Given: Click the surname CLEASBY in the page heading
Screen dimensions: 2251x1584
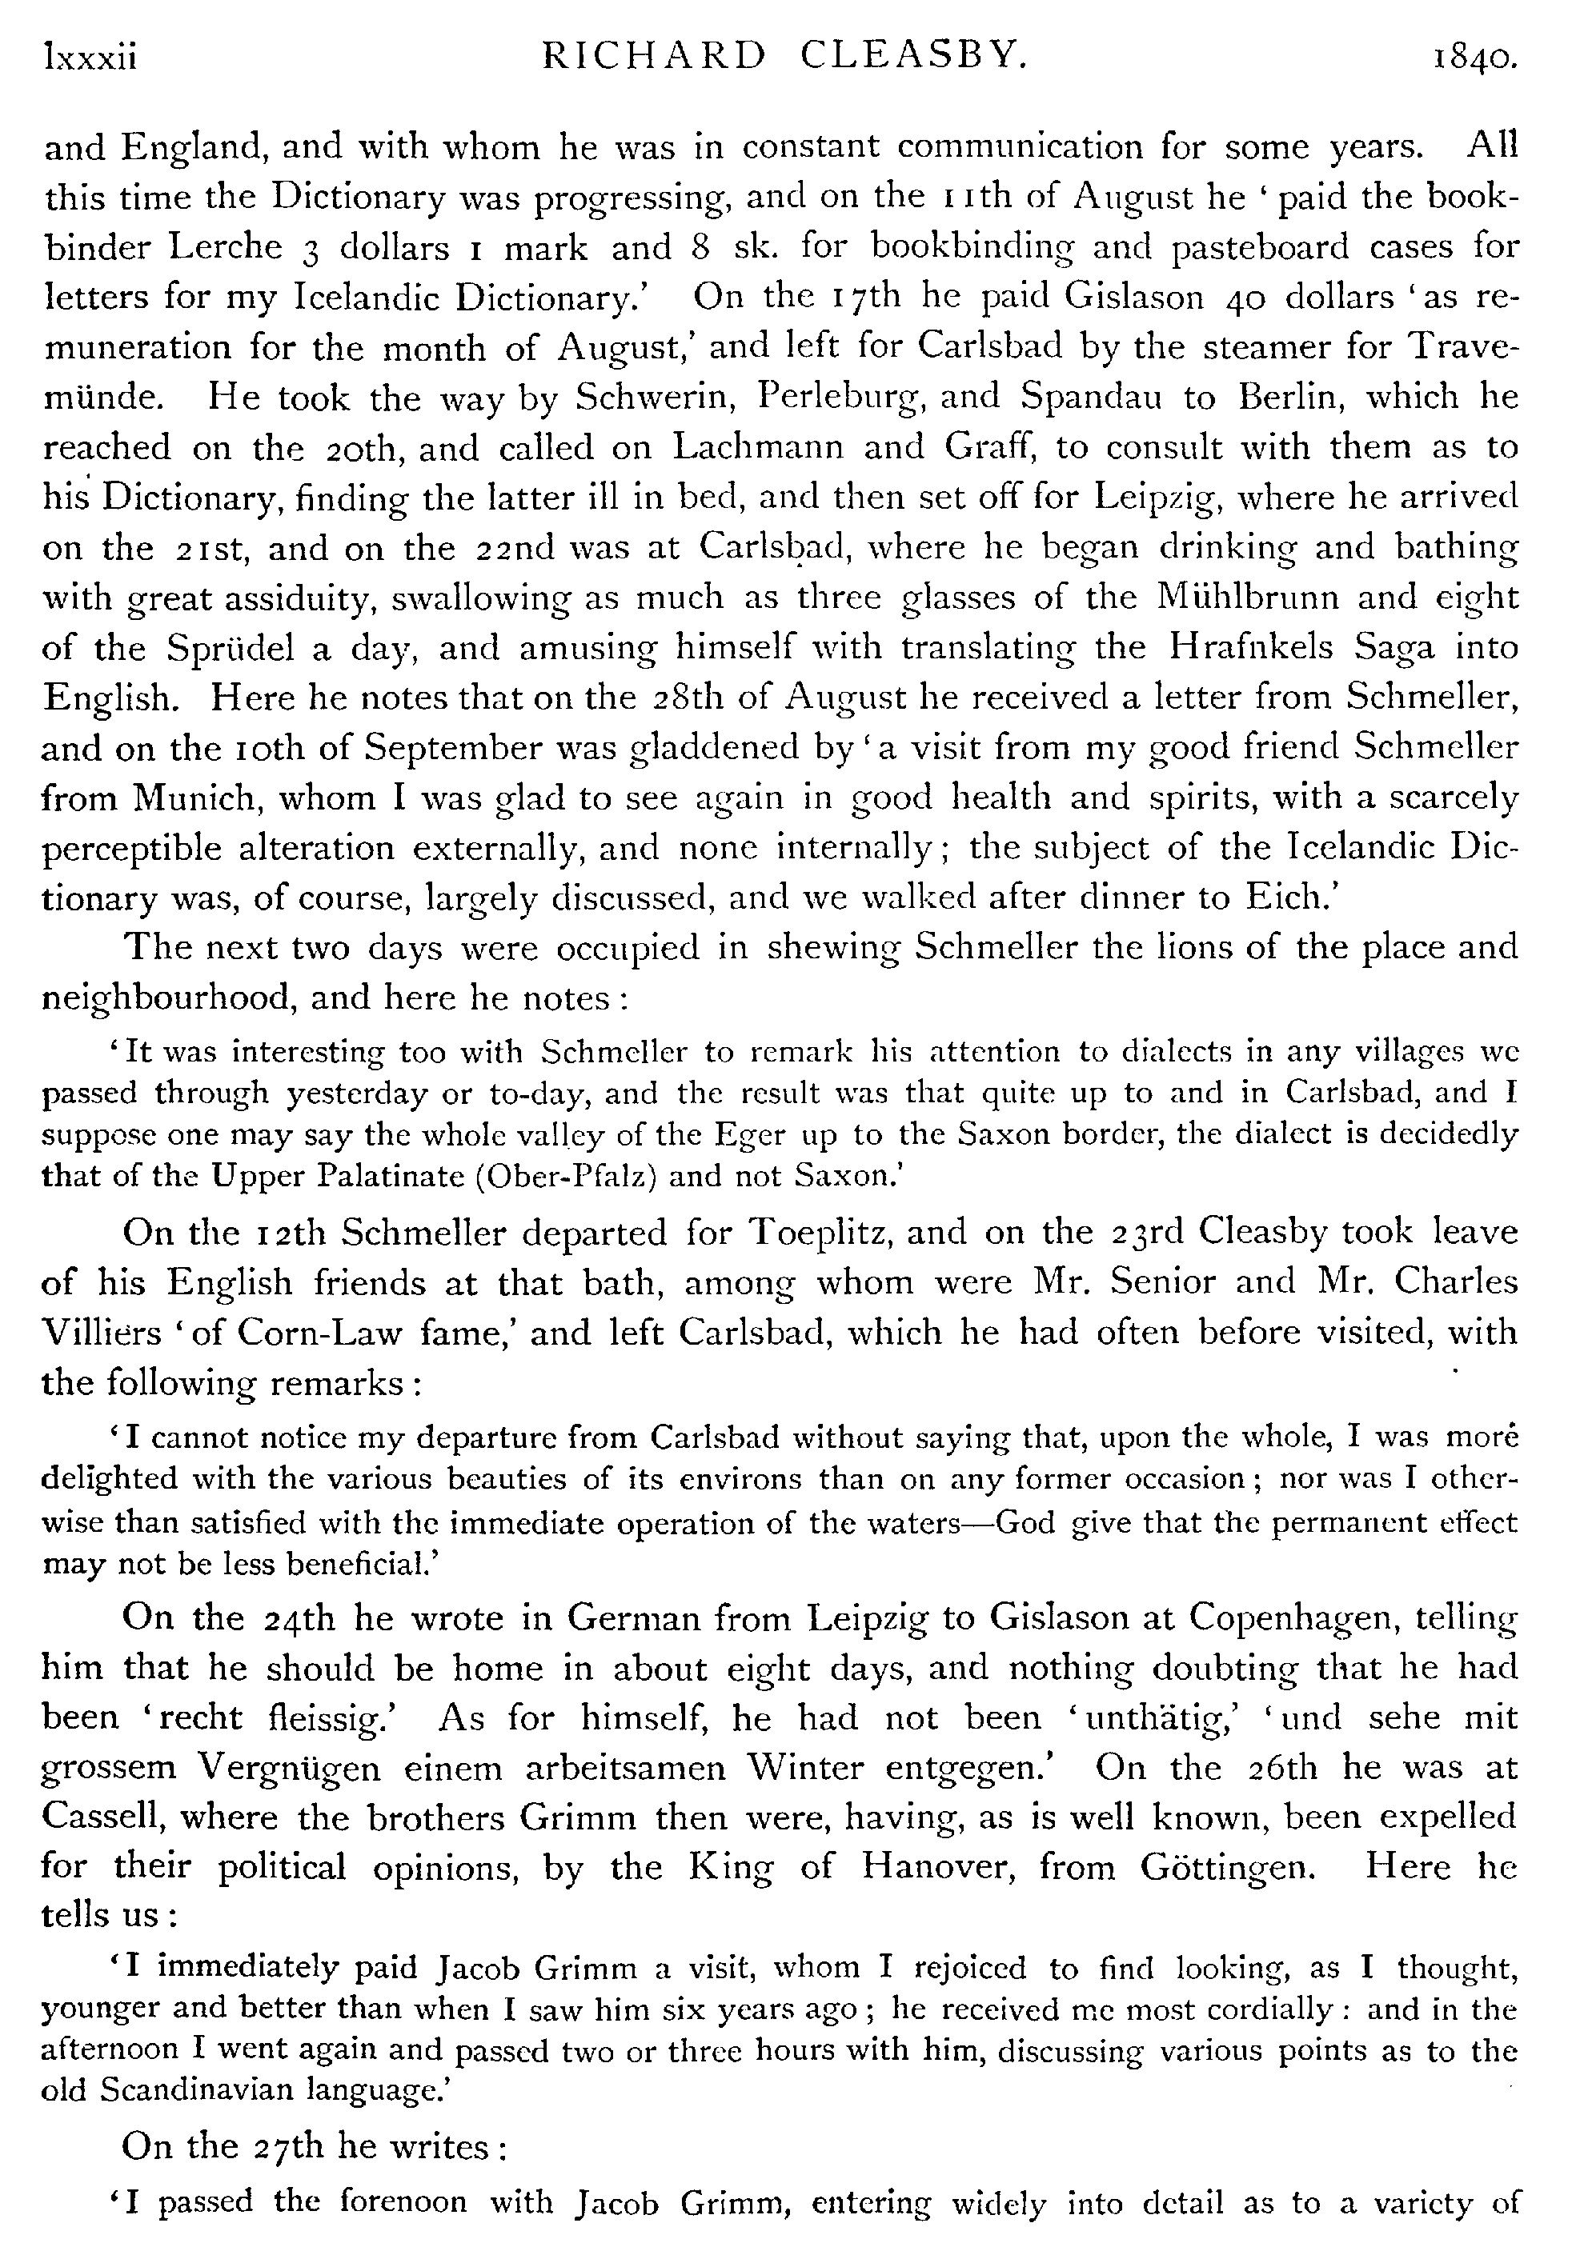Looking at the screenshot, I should click(x=913, y=58).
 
